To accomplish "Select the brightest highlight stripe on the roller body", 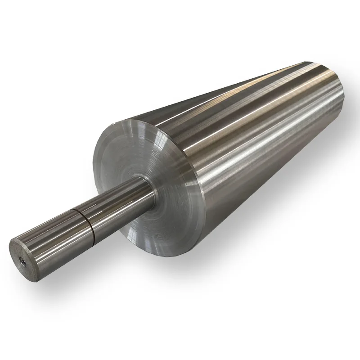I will pos(252,148).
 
